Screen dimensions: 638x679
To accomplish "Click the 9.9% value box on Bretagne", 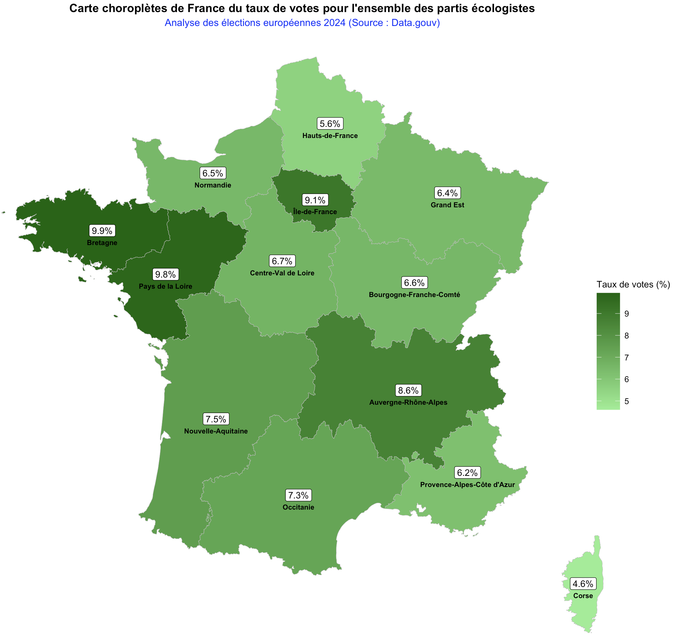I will pos(102,231).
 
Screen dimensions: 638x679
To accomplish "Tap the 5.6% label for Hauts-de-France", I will pos(330,123).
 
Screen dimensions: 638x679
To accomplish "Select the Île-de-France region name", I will pos(315,212).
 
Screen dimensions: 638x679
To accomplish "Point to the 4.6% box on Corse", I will pos(583,584).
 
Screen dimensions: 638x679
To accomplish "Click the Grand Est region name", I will pos(447,205).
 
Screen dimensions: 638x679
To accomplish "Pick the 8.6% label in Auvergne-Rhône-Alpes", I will pos(408,390).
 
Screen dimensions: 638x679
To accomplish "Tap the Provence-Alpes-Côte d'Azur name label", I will pos(467,485).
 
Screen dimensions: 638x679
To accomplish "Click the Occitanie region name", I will pos(298,507).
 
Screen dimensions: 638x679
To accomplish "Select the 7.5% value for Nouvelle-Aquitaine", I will pos(216,419).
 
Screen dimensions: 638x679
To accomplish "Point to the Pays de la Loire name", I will pos(165,287).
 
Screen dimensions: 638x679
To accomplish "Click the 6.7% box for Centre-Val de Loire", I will pos(282,261).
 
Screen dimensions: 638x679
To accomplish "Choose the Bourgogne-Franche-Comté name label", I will pos(414,295).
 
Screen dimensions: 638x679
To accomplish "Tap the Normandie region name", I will pos(213,185).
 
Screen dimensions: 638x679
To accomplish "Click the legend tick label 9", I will pos(626,314).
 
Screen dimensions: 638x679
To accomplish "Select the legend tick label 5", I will pos(626,401).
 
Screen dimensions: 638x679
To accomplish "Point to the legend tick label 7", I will pos(626,357).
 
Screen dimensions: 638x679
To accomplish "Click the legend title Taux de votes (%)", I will pos(633,284).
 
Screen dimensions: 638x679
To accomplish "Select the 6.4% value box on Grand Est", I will pos(447,193).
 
